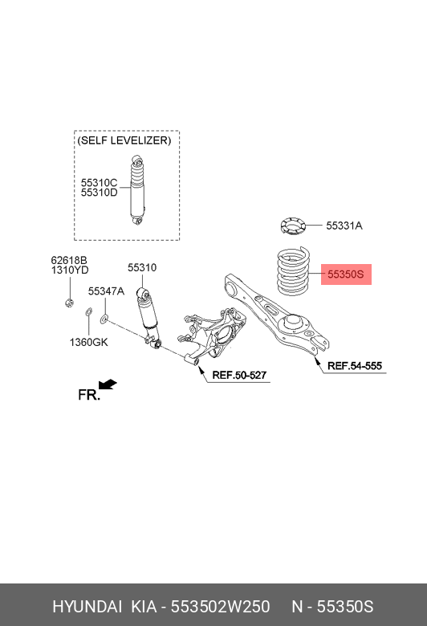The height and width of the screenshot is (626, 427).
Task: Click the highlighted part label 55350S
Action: (346, 274)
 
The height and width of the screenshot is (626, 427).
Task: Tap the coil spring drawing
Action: (294, 271)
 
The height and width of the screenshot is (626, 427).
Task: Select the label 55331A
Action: (344, 226)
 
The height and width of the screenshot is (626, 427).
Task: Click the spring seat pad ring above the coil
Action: (293, 226)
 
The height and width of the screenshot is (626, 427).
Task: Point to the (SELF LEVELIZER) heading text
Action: (124, 140)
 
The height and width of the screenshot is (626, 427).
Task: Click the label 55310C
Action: (99, 182)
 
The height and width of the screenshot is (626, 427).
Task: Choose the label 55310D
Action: (99, 193)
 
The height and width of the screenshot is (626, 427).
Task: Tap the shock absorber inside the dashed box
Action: (137, 190)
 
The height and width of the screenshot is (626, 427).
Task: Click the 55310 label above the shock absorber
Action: (142, 267)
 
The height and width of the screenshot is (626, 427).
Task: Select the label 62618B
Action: (69, 260)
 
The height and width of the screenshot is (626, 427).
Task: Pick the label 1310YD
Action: (70, 270)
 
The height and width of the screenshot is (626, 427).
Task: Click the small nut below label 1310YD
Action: (69, 303)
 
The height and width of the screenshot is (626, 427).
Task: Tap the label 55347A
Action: (106, 291)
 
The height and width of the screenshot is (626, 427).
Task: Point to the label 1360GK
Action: (88, 342)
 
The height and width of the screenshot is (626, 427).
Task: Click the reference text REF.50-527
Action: (239, 375)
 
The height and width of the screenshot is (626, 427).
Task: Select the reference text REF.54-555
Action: (355, 366)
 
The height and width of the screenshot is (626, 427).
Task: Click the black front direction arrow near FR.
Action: (108, 384)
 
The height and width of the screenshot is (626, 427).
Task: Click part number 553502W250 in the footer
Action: (221, 607)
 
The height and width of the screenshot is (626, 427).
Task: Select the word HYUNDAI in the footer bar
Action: (87, 607)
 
